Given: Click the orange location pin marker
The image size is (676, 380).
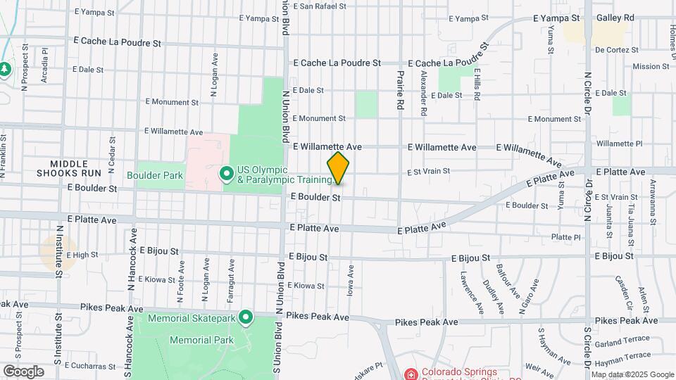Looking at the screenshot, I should tap(338, 169).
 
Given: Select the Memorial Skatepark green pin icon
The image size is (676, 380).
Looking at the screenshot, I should tap(246, 318).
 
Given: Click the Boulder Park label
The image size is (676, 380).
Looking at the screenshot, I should tap(155, 175).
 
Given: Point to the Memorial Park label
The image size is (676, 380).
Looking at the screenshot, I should tap(201, 340).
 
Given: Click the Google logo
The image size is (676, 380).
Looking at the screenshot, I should tap(23, 371).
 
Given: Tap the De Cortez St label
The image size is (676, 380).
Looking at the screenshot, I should tap(616, 50).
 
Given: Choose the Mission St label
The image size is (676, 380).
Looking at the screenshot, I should tap(651, 66).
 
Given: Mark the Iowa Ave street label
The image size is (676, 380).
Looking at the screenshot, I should tap(350, 279).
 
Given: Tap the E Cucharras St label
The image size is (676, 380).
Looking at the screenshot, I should tap(89, 366).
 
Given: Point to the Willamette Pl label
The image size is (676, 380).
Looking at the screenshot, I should tap(619, 144).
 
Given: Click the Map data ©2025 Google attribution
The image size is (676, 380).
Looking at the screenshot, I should tap(632, 374).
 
